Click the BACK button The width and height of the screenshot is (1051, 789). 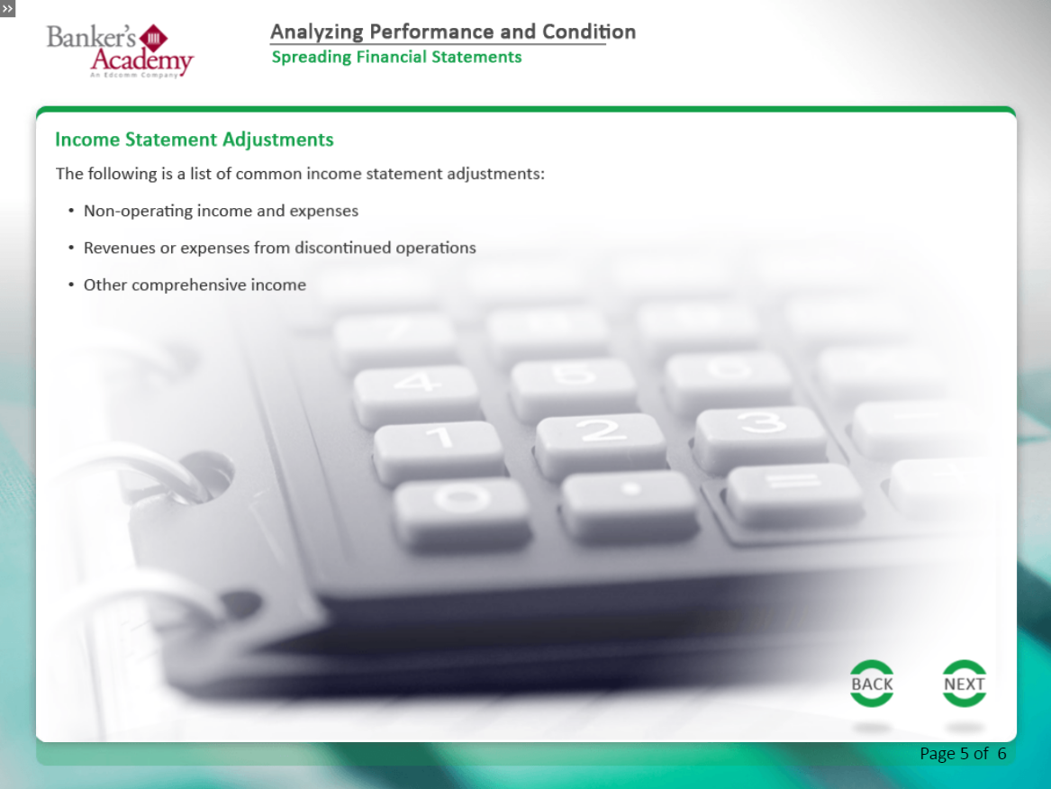872,683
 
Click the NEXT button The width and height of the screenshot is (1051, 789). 964,683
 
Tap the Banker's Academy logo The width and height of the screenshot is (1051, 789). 120,51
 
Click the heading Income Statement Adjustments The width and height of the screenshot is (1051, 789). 195,140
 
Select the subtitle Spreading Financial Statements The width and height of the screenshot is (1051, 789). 396,57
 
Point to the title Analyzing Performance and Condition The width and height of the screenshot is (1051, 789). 453,32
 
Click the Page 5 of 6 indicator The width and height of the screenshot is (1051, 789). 963,754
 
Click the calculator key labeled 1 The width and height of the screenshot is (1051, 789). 439,450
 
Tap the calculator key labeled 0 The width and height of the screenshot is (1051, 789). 462,513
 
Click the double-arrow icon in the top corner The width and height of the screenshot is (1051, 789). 7,8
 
